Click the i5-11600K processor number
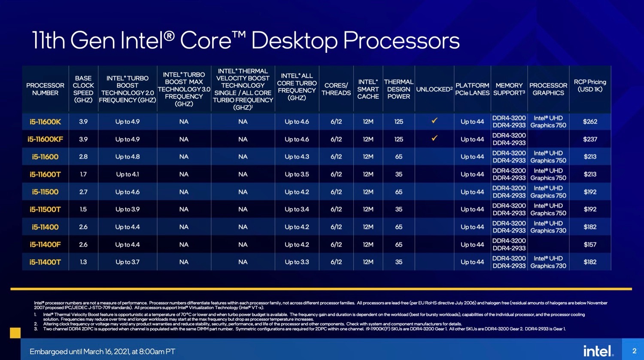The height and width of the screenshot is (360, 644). [45, 122]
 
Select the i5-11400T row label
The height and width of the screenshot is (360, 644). [45, 262]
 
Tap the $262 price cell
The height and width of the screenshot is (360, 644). [590, 122]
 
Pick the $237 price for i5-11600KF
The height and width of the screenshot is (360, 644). [590, 139]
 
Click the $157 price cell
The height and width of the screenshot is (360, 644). [590, 244]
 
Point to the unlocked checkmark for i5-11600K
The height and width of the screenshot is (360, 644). [434, 121]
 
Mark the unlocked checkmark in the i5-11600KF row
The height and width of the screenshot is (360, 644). [434, 138]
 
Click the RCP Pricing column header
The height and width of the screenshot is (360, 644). [590, 85]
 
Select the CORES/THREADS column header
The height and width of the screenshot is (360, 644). [336, 89]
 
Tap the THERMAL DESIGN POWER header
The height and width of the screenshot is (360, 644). [398, 89]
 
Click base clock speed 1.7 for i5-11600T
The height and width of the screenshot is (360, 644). [83, 174]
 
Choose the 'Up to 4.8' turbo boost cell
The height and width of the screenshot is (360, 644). [128, 157]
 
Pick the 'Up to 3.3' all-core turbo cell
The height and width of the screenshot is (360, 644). [297, 262]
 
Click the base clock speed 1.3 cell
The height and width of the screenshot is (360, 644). [83, 262]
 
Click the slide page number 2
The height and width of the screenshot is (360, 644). [634, 351]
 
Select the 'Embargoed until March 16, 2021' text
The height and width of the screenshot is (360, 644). [102, 351]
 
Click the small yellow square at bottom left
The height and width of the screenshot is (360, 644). [15, 333]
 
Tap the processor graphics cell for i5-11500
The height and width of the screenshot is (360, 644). [548, 192]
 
